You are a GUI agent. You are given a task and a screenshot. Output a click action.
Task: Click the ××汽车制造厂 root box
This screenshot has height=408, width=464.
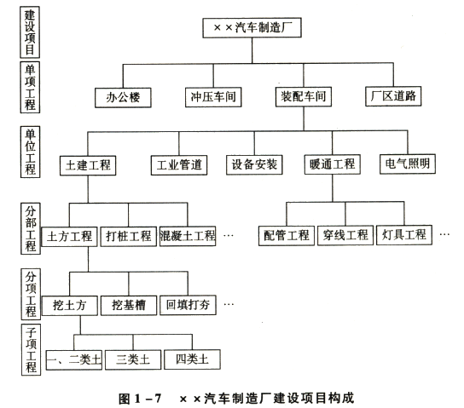[x=252, y=28]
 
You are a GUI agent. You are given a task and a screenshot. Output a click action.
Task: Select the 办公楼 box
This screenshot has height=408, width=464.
[x=123, y=97]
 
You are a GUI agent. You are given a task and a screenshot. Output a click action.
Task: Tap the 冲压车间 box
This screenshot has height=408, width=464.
[x=213, y=97]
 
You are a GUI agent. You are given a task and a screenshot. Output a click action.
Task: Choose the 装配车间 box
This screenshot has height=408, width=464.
[x=304, y=96]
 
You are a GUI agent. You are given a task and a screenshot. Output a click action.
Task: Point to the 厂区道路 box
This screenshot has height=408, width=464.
[x=393, y=96]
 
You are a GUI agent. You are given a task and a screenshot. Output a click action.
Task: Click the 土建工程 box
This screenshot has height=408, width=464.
[x=88, y=165]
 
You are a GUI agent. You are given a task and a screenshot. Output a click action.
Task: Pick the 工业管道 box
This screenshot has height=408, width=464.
[x=179, y=165]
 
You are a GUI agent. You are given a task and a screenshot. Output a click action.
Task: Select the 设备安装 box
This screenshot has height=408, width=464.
[x=254, y=164]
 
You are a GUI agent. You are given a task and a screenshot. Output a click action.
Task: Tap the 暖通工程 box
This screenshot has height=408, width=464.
[x=333, y=164]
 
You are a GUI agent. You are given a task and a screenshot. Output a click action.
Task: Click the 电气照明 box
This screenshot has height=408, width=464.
[x=408, y=164]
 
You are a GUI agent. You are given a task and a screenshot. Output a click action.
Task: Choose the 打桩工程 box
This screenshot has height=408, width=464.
[x=129, y=236]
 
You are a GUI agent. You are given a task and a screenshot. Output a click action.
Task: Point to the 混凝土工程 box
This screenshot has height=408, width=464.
[x=188, y=236]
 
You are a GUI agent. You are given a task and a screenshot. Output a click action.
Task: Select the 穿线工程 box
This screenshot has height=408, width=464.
[x=345, y=235]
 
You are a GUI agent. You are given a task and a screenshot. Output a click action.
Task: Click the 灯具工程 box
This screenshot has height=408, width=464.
[x=404, y=235]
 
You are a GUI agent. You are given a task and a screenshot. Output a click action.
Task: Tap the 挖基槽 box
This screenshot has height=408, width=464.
[x=129, y=305]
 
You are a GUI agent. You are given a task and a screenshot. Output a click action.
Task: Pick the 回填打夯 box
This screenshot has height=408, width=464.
[x=188, y=305]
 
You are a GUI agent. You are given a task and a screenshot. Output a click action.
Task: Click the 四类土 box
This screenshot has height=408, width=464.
[x=193, y=359]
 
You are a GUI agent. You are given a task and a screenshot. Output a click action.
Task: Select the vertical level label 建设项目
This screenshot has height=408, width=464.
[x=30, y=32]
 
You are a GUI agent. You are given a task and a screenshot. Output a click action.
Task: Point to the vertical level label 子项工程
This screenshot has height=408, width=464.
[x=31, y=349]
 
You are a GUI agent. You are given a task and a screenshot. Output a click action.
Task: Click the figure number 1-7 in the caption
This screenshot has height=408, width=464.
[x=148, y=399]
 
